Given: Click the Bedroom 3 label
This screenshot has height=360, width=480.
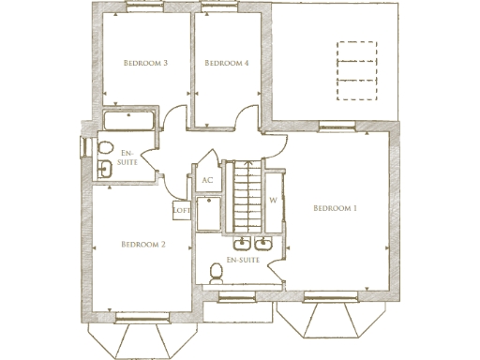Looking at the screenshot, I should (145, 64).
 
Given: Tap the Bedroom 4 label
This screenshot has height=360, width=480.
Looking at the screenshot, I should (226, 64).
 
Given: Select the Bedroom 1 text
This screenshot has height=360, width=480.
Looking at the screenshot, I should (336, 207).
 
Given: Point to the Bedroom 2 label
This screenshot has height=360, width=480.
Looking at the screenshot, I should (143, 245).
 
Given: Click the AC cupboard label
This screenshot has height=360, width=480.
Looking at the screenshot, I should (207, 181).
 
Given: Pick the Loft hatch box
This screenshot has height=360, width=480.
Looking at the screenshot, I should (182, 211).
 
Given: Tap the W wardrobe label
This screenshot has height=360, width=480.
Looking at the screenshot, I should (274, 200).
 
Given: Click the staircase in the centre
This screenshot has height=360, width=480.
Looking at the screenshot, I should (245, 196).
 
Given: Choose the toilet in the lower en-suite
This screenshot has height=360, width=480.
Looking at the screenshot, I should (216, 273).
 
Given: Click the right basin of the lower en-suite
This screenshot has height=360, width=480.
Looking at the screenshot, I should (267, 246).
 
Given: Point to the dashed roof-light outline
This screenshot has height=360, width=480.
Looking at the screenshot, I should (356, 69).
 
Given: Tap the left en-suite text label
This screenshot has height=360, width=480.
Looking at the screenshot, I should (129, 157).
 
